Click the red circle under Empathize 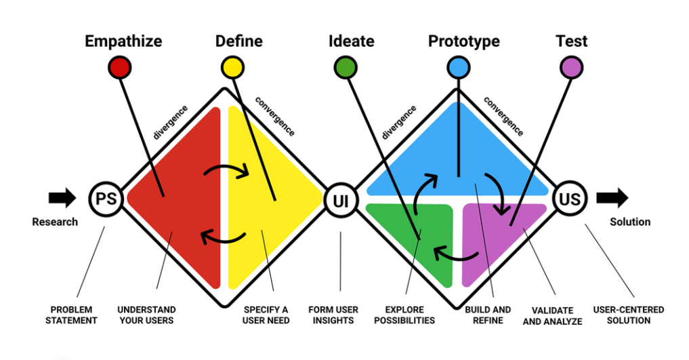pyautogui.click(x=120, y=67)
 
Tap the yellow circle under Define pyautogui.click(x=233, y=67)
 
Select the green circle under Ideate pyautogui.click(x=346, y=67)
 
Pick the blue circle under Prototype pyautogui.click(x=459, y=67)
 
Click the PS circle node pyautogui.click(x=105, y=199)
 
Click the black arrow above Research pyautogui.click(x=62, y=199)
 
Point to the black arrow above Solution pyautogui.click(x=612, y=198)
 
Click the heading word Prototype pyautogui.click(x=464, y=41)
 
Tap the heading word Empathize pyautogui.click(x=123, y=41)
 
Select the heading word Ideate pyautogui.click(x=351, y=41)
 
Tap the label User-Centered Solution pyautogui.click(x=629, y=315)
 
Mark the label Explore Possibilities pyautogui.click(x=404, y=315)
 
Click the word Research pyautogui.click(x=55, y=222)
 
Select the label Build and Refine pyautogui.click(x=488, y=315)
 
